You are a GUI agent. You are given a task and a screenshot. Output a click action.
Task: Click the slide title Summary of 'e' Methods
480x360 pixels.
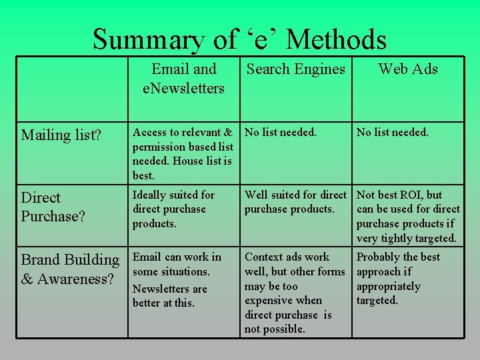(239, 39)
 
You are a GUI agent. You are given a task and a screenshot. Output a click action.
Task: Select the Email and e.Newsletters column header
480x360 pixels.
(184, 79)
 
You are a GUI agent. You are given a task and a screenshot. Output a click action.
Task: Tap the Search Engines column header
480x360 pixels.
(295, 69)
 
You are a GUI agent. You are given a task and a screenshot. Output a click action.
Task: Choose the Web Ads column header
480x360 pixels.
(407, 69)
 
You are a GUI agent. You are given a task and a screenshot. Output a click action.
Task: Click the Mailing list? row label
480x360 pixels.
(61, 135)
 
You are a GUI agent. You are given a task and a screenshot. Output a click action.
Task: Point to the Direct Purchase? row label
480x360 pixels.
(53, 207)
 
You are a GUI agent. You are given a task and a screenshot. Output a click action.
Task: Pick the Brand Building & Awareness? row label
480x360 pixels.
(70, 269)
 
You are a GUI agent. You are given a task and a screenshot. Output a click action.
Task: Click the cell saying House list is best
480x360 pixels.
(182, 153)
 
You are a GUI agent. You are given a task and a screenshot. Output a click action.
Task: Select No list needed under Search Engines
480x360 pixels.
(281, 132)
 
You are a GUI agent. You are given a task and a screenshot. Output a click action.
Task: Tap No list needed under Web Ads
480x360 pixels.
(393, 132)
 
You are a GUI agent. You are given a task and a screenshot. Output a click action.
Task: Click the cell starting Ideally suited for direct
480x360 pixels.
(174, 209)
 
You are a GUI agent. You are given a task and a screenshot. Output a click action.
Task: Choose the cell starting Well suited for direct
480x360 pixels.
(295, 202)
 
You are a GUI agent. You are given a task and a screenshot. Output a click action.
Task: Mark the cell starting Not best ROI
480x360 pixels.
(408, 217)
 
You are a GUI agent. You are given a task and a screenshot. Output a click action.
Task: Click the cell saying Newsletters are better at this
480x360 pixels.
(170, 296)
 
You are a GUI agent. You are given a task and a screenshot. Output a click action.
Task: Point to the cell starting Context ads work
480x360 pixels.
(294, 293)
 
